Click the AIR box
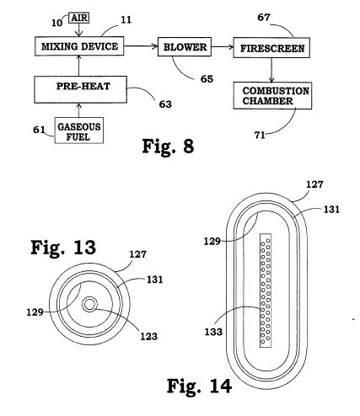79,19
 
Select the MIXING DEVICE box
79,46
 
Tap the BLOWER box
185,47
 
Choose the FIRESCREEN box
271,48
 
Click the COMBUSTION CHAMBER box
272,95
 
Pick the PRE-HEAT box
81,89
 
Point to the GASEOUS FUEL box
79,131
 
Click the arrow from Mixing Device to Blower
141,46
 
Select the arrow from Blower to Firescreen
223,47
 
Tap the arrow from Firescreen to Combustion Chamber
271,70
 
